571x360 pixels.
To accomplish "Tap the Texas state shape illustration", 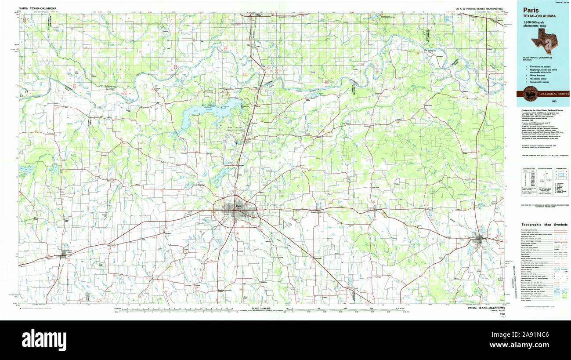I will coord(543,44).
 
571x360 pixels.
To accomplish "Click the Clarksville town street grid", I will coord(482,240).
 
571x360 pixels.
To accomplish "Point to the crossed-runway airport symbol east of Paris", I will coord(288,224).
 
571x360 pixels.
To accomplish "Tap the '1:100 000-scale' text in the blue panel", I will coord(534,22).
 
